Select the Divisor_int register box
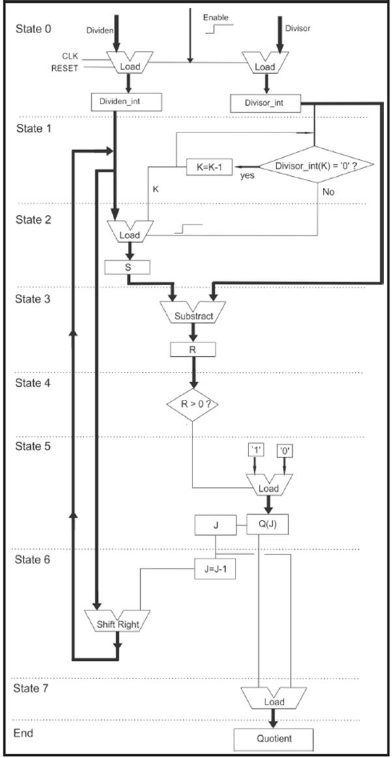point(265,102)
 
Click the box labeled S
point(127,267)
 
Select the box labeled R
point(192,350)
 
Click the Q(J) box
point(267,523)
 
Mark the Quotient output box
point(273,739)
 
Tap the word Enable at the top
point(215,18)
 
